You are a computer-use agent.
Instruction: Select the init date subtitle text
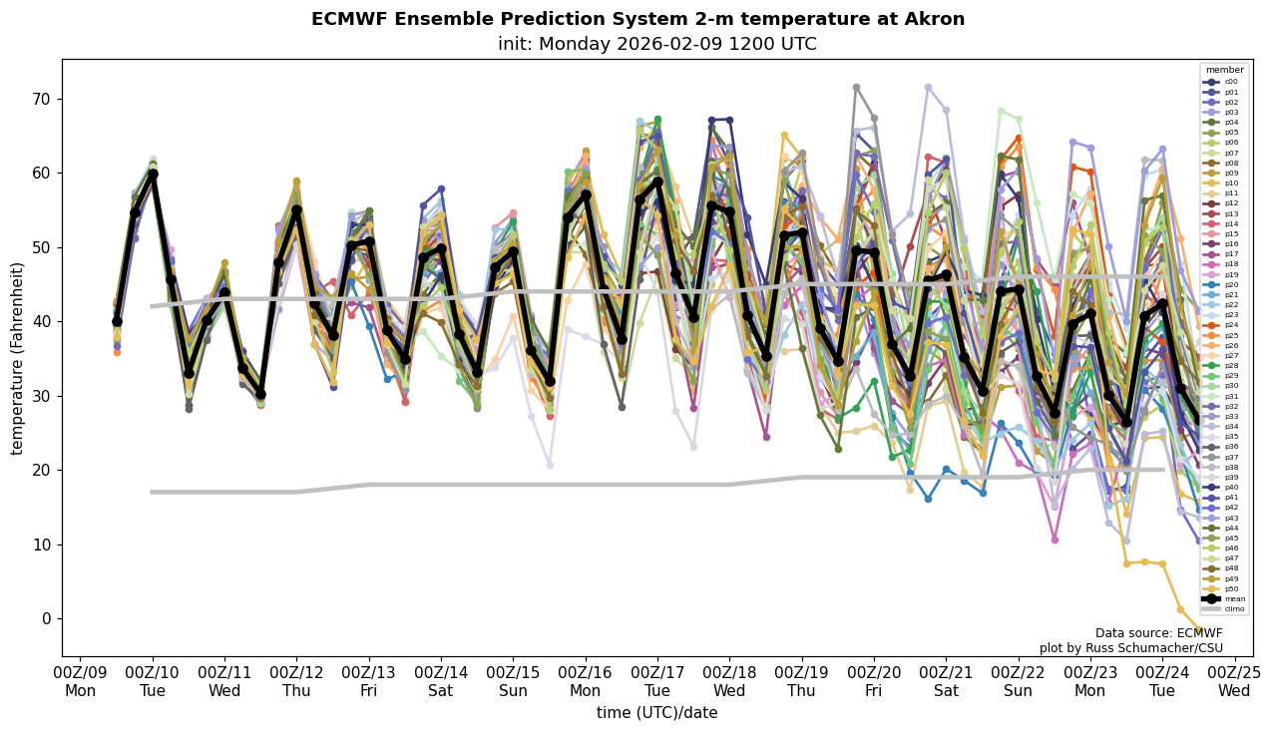click(x=656, y=45)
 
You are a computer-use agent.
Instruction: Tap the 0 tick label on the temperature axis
click(x=45, y=619)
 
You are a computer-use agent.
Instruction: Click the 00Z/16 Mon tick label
click(x=585, y=681)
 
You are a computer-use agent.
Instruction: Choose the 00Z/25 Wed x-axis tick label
click(x=1234, y=681)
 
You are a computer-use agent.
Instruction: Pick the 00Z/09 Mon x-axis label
click(x=80, y=681)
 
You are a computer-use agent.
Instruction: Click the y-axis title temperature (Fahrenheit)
click(x=18, y=358)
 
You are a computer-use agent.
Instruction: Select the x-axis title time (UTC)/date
click(x=656, y=713)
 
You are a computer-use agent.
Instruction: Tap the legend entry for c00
click(x=1223, y=82)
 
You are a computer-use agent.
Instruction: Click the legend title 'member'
click(x=1224, y=70)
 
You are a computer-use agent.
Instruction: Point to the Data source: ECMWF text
click(x=1158, y=633)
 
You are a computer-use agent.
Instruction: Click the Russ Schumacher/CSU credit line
click(x=1130, y=648)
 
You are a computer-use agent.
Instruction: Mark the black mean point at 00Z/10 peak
click(x=153, y=174)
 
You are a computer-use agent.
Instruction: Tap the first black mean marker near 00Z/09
click(x=117, y=321)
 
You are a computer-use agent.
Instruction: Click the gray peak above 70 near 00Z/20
click(x=856, y=88)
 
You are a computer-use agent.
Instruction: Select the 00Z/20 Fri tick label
click(x=874, y=681)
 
